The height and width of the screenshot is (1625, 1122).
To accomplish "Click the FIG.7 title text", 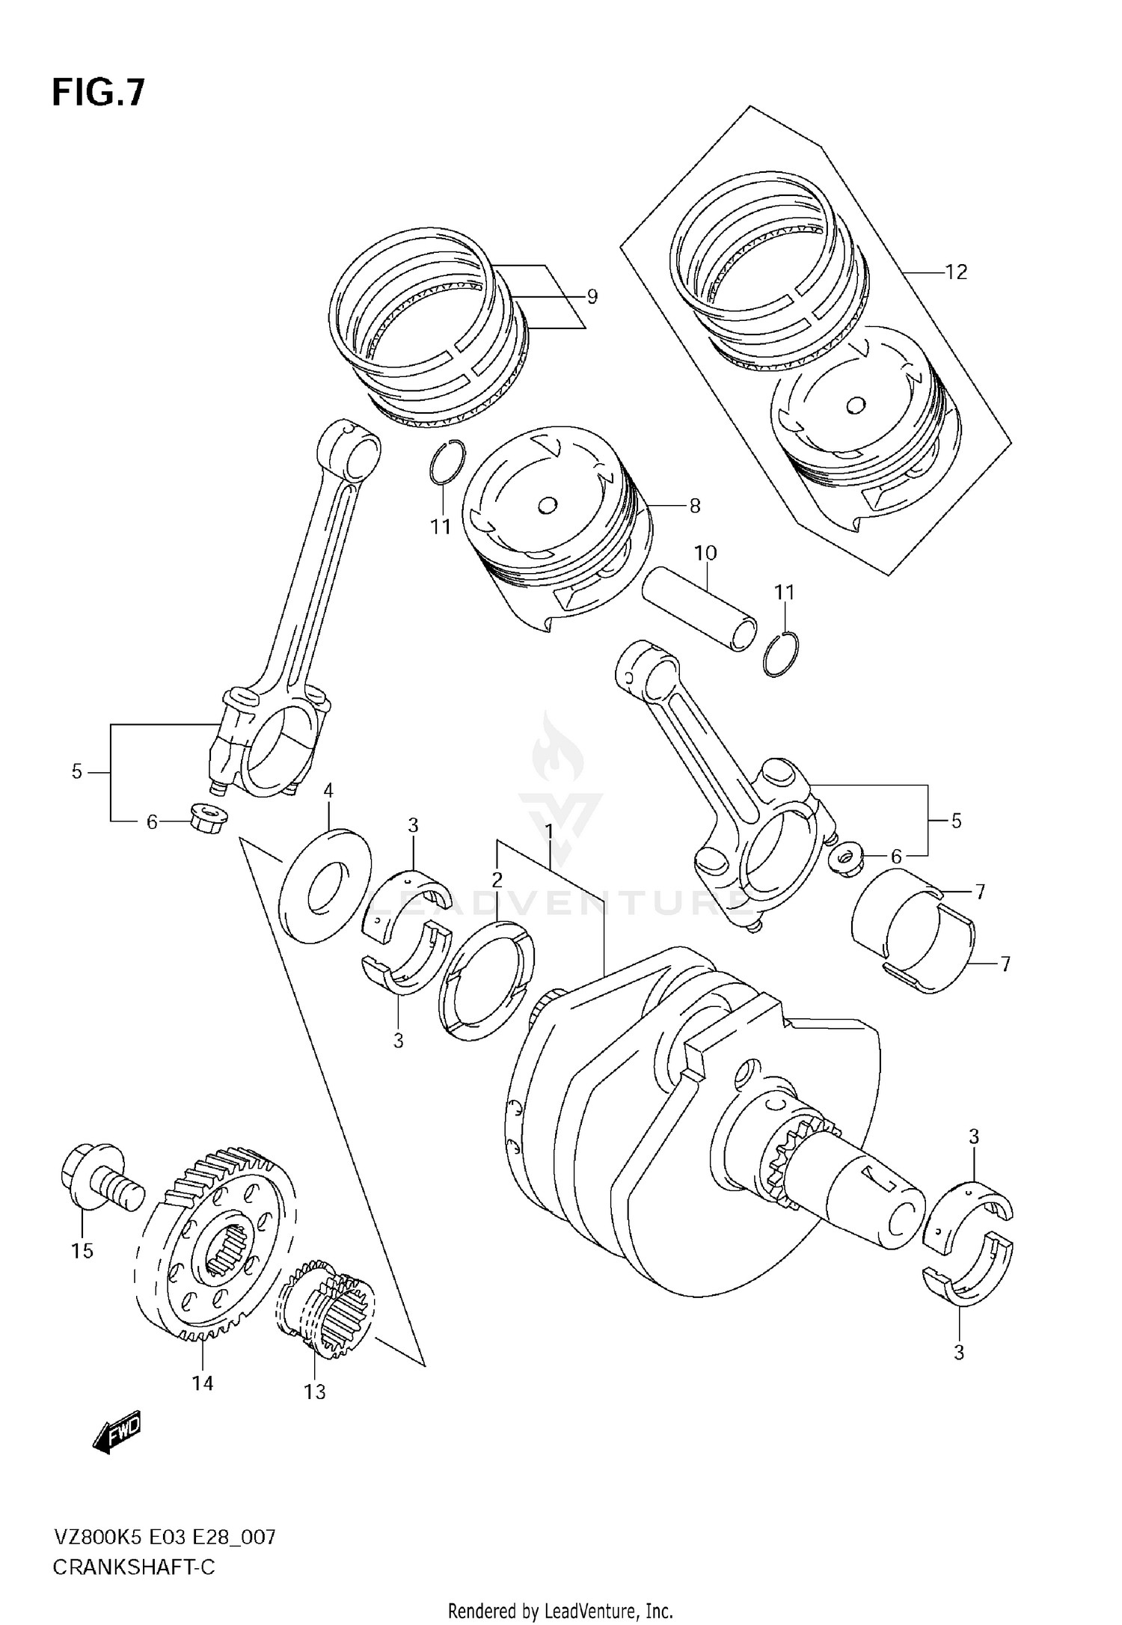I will pyautogui.click(x=98, y=94).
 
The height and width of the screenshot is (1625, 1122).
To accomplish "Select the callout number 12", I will pyautogui.click(x=955, y=272).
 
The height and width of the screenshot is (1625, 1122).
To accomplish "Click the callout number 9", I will pyautogui.click(x=592, y=297).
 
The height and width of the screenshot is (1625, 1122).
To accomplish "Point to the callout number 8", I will pyautogui.click(x=694, y=506).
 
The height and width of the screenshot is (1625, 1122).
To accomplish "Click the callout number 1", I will pyautogui.click(x=548, y=831).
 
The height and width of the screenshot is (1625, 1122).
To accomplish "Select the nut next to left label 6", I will pyautogui.click(x=208, y=818).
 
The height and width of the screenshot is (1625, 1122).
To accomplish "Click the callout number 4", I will pyautogui.click(x=328, y=790).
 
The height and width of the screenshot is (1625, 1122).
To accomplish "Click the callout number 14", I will pyautogui.click(x=202, y=1383).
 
